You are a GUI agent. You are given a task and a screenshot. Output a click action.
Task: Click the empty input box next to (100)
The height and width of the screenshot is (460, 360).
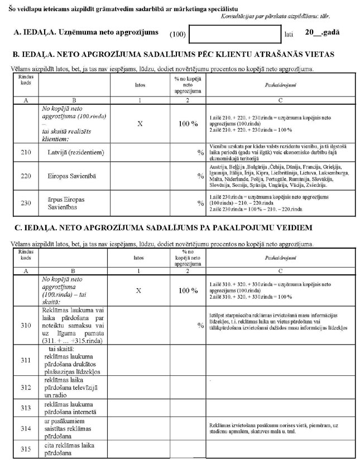tap(235, 33)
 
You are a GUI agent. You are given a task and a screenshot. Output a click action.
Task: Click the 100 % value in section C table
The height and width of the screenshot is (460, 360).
tap(188, 290)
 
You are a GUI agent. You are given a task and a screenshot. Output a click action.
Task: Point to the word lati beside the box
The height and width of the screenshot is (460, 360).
tap(289, 35)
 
